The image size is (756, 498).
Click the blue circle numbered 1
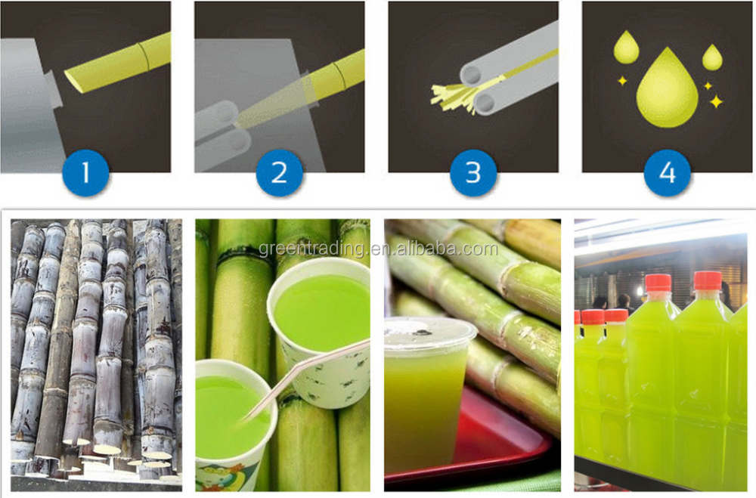(85, 172)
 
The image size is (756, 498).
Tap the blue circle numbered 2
(279, 172)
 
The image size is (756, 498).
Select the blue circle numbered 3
(473, 172)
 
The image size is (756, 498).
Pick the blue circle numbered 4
(668, 172)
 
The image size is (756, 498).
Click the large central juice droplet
(668, 91)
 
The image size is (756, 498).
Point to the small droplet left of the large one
(626, 48)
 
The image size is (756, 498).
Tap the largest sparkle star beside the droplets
(717, 102)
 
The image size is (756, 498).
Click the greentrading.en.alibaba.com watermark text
(379, 249)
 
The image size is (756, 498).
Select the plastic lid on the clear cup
(430, 333)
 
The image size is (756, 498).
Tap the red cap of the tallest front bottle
(708, 281)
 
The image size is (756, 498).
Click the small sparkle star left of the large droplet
(622, 81)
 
